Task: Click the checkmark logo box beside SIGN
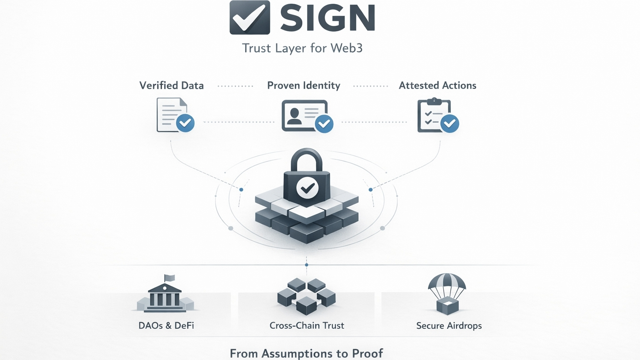pos(250,17)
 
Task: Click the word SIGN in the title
pos(328,18)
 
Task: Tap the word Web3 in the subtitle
pos(346,48)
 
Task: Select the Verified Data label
pos(171,85)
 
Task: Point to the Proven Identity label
pos(303,85)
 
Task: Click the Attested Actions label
pos(437,85)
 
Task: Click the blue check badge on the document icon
pos(185,123)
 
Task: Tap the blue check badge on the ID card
pos(324,124)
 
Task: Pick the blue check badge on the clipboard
pos(450,123)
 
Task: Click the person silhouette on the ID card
pos(295,116)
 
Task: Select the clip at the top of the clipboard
pos(434,101)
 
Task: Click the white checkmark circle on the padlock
pos(307,188)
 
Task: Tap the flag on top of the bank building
pos(169,278)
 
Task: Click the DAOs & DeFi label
pos(166,325)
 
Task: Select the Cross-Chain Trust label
pos(307,325)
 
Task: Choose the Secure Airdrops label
pos(449,325)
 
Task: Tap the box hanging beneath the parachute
pos(447,306)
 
